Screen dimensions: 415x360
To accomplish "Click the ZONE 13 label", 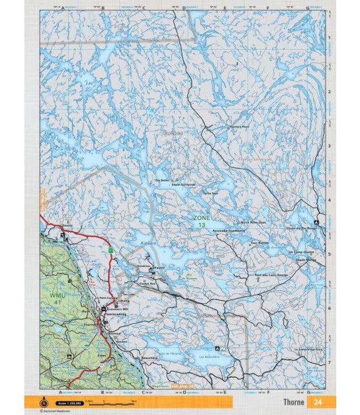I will point(202,221).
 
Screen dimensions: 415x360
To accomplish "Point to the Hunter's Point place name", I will point(239,127).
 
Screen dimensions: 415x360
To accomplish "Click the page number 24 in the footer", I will point(317,402).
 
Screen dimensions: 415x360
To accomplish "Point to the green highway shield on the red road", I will point(111,250).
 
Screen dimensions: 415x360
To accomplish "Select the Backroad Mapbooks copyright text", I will point(59,411).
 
